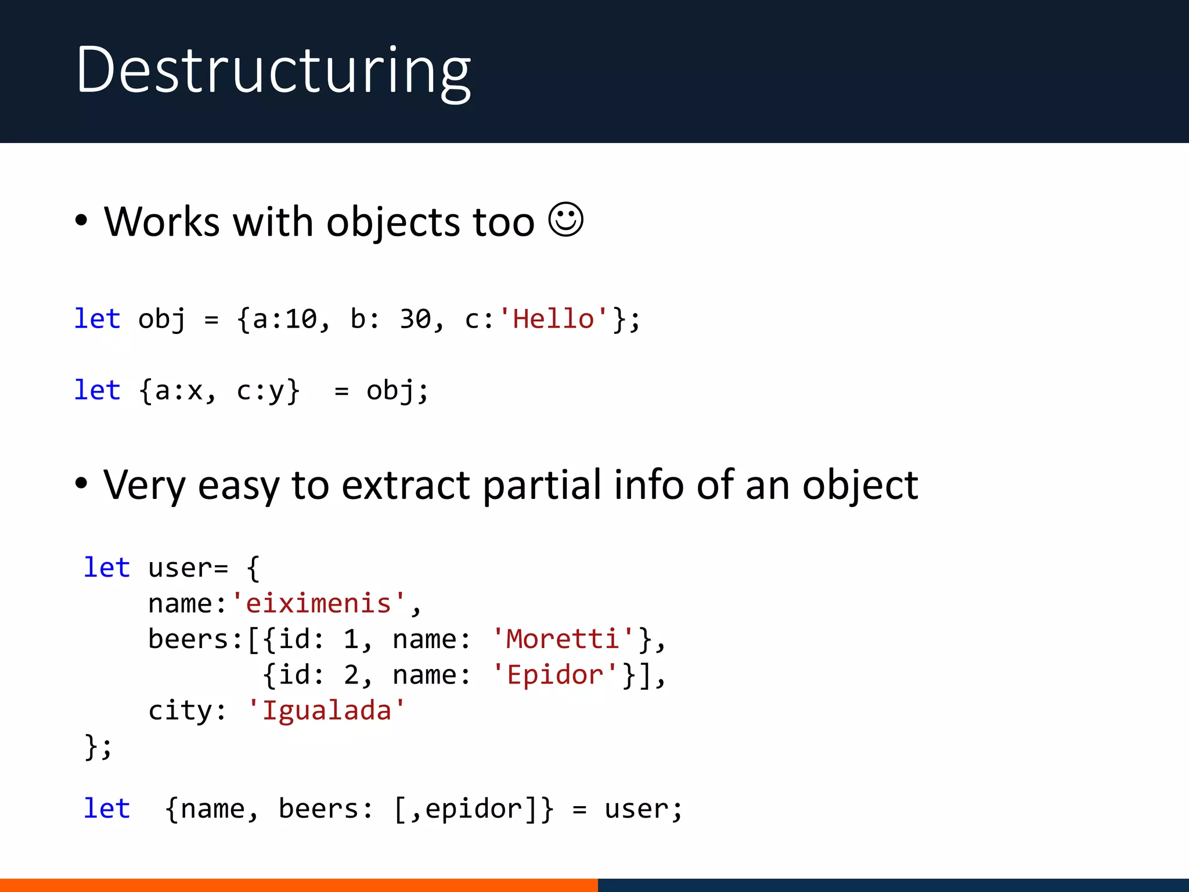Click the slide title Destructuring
point(273,71)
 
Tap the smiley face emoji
point(565,220)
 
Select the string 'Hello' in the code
point(554,319)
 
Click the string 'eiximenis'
point(318,603)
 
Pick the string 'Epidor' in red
point(555,675)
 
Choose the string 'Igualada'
point(326,710)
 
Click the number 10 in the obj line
point(301,319)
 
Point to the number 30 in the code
point(415,319)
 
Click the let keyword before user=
point(107,567)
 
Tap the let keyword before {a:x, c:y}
point(97,390)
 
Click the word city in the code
point(180,710)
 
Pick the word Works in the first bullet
point(162,222)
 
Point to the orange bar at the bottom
point(298,885)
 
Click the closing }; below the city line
point(98,747)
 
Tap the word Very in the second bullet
point(145,485)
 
